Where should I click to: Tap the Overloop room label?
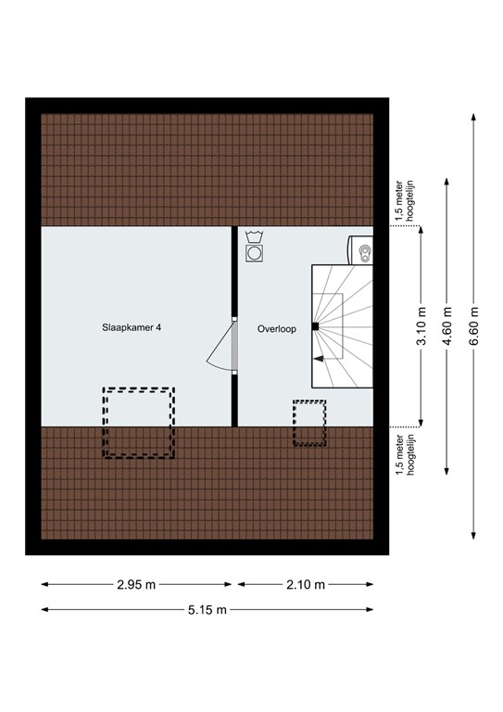(x=277, y=327)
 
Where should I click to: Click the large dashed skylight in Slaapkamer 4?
(x=138, y=423)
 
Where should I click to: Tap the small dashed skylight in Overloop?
(x=309, y=423)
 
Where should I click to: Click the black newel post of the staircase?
(x=316, y=326)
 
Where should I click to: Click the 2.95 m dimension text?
(x=136, y=584)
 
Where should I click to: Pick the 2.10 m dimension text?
(x=306, y=584)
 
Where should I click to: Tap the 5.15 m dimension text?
(x=207, y=609)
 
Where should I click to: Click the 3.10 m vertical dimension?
(x=421, y=326)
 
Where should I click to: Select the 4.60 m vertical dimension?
(x=447, y=326)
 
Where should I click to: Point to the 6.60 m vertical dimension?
(x=474, y=326)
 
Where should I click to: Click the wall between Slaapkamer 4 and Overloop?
(x=233, y=278)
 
